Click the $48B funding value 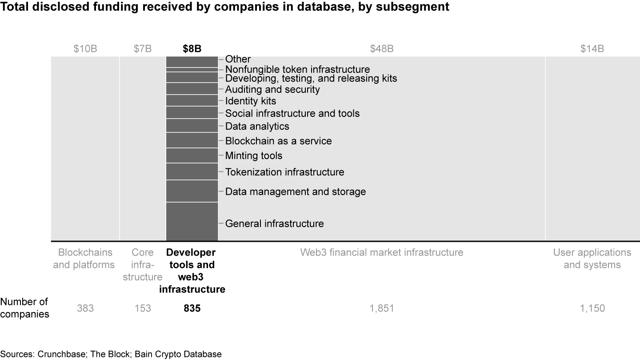coord(382,49)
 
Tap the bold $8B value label coord(192,49)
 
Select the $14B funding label coord(592,49)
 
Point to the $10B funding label coord(85,49)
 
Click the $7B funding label coord(143,49)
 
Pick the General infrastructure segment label coord(274,223)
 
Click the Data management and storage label coord(296,192)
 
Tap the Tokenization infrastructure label coord(284,172)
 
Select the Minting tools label coord(254,156)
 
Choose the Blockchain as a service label coord(278,141)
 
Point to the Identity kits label coord(251,101)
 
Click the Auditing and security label coord(272,89)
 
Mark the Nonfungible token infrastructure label coord(297,69)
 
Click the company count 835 coord(192,308)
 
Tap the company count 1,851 coord(382,308)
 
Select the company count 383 coord(85,308)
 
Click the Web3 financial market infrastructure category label coord(382,252)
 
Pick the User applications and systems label coord(592,259)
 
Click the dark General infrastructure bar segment coord(192,221)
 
